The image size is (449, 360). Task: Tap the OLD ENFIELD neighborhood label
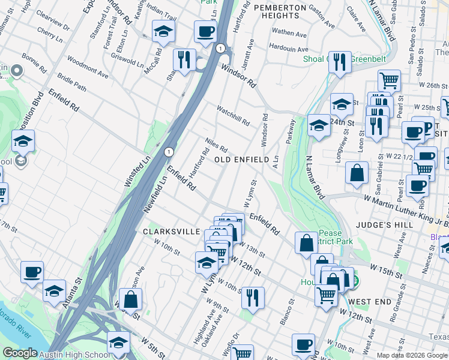[240, 160]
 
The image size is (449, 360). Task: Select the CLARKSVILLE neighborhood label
[170, 230]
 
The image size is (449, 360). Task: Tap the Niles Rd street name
[216, 145]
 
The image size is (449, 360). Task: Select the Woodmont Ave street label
[88, 67]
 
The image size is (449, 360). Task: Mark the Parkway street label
[291, 131]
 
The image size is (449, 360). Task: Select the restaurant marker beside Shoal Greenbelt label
[340, 61]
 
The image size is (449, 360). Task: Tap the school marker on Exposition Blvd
[23, 142]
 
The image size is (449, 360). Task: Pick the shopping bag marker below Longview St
[357, 173]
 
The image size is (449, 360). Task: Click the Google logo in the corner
[20, 353]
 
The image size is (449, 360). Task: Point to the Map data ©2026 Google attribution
[411, 355]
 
